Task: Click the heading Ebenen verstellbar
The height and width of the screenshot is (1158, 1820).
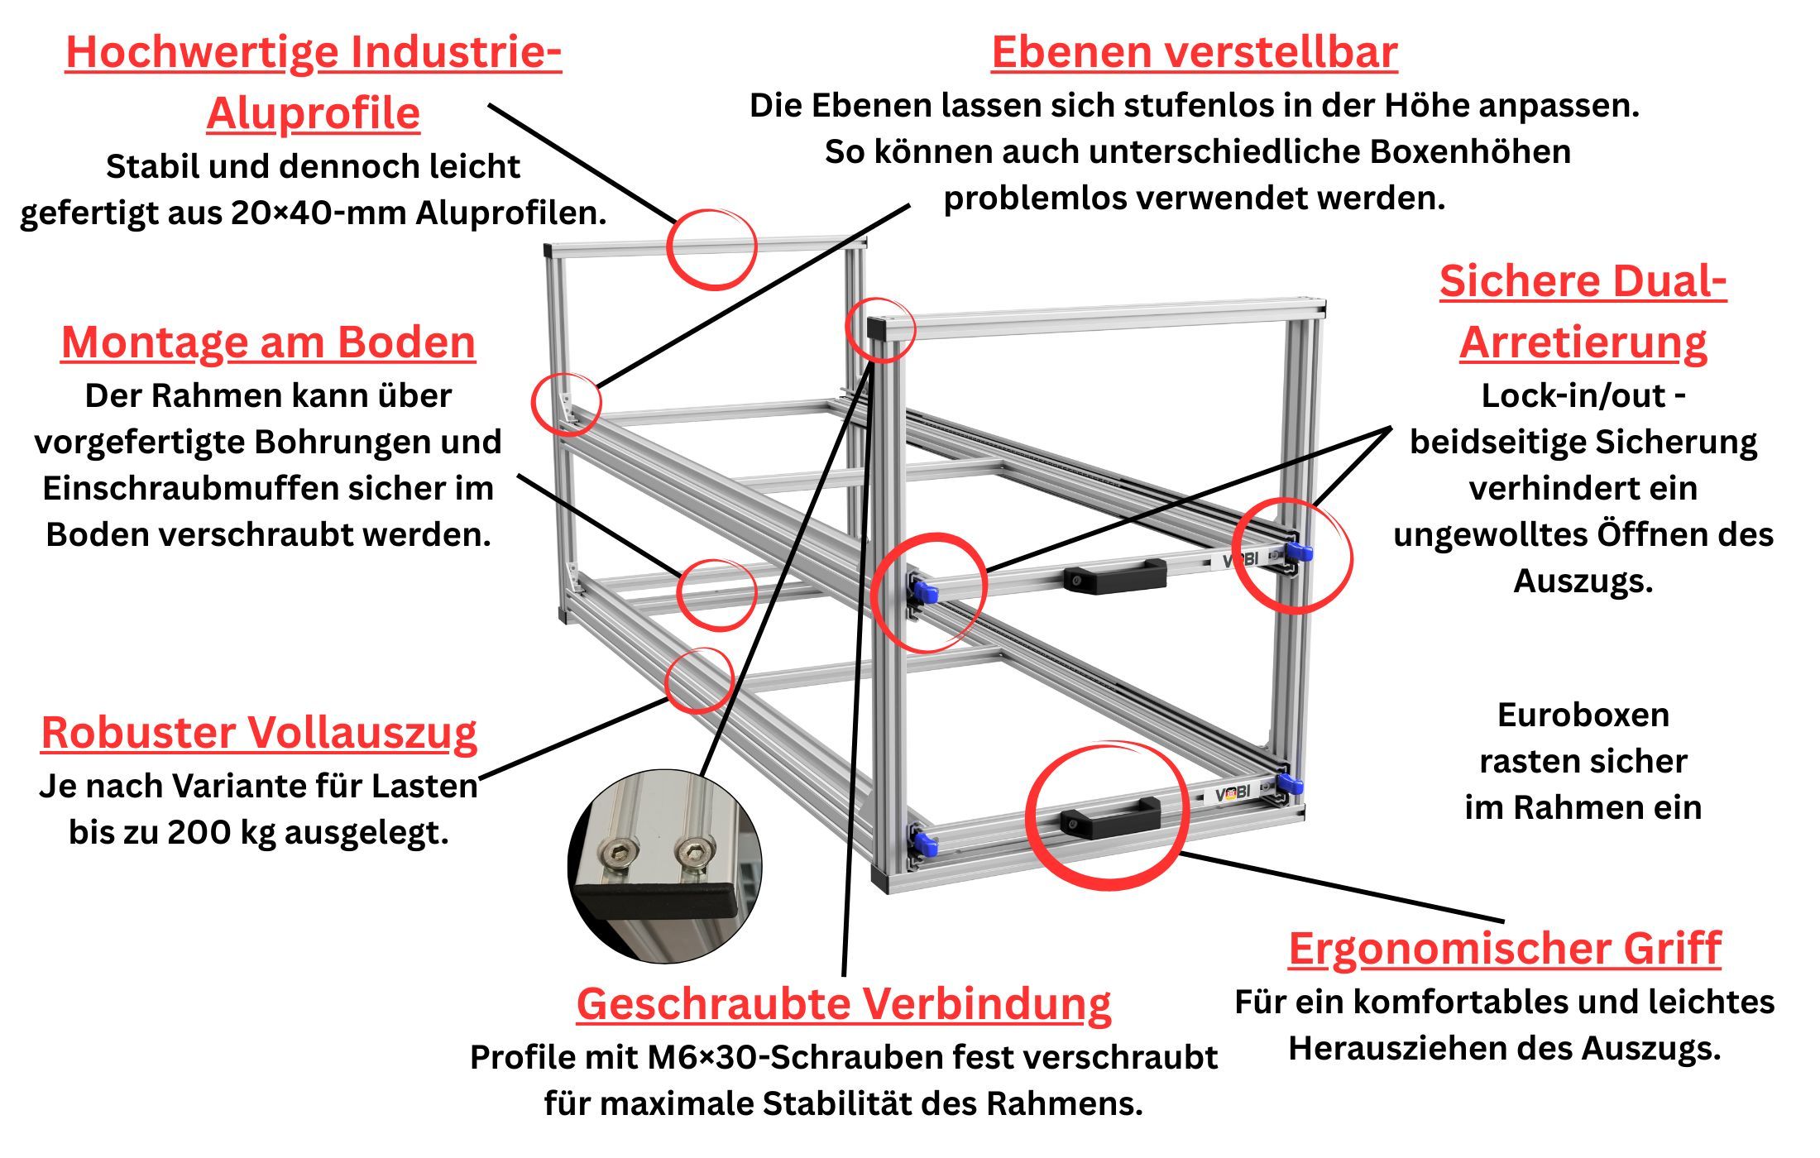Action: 1195,53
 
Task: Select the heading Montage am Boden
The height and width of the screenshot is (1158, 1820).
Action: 269,342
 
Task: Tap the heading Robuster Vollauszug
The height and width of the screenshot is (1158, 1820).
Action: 259,733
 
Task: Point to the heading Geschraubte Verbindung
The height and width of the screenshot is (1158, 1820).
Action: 844,1004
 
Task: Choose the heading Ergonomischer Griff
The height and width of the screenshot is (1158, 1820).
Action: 1505,949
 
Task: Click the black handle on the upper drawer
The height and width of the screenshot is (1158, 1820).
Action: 1115,576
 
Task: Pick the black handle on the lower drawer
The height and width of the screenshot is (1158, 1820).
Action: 1111,816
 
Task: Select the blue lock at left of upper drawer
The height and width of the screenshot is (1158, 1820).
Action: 925,591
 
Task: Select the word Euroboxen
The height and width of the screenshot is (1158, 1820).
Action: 1583,715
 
